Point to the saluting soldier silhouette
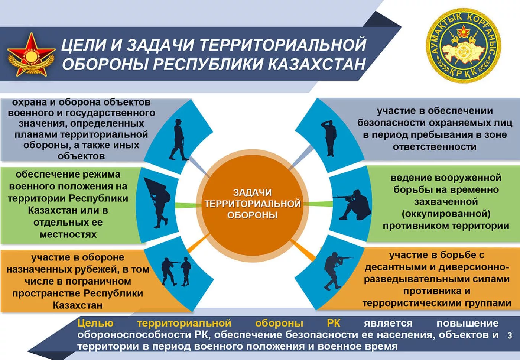[329, 138]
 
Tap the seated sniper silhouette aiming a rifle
[352, 205]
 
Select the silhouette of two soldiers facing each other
[176, 271]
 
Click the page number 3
[510, 335]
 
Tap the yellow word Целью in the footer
[95, 324]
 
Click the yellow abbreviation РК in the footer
[334, 323]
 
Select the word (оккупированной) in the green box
[446, 214]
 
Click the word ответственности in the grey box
[434, 147]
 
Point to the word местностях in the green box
[68, 234]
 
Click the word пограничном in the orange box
[98, 282]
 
